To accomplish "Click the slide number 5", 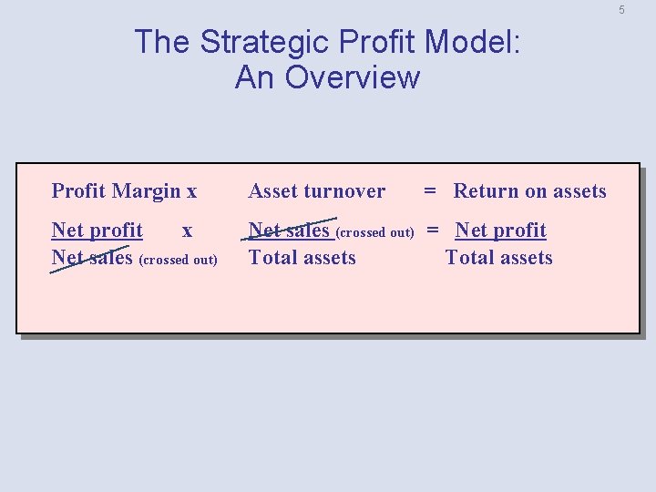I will [621, 10].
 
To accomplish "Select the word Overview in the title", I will [353, 77].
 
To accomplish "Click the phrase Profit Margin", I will [116, 191].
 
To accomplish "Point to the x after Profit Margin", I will [191, 192].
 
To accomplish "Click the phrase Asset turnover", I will [316, 191].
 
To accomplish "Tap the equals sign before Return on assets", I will [429, 191].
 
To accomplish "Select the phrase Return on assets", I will [529, 191].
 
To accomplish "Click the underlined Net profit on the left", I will [97, 231].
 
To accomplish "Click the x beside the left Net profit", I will [187, 231].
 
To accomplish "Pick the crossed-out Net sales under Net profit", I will [93, 258].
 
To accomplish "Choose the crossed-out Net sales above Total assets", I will [289, 231].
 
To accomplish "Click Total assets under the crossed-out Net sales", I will [302, 258].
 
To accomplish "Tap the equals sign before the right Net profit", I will [434, 231].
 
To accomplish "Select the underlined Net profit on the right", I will [500, 231].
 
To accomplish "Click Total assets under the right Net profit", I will [498, 258].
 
